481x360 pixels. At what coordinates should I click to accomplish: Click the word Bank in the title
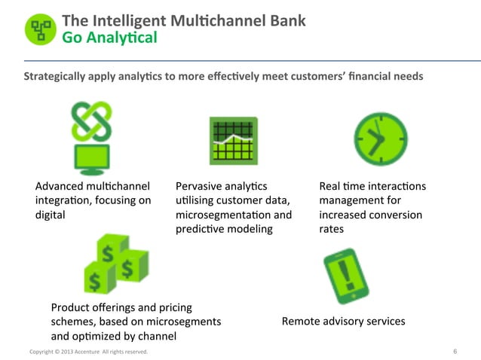click(x=287, y=20)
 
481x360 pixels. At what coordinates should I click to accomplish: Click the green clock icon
click(x=380, y=139)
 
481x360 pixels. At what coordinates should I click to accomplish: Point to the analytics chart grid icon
click(x=233, y=141)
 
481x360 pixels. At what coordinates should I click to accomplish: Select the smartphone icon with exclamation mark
click(x=345, y=275)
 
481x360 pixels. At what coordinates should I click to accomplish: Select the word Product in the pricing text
click(x=72, y=307)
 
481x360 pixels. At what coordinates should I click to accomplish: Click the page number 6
click(x=455, y=352)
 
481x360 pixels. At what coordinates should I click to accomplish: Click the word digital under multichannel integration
click(x=51, y=215)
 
